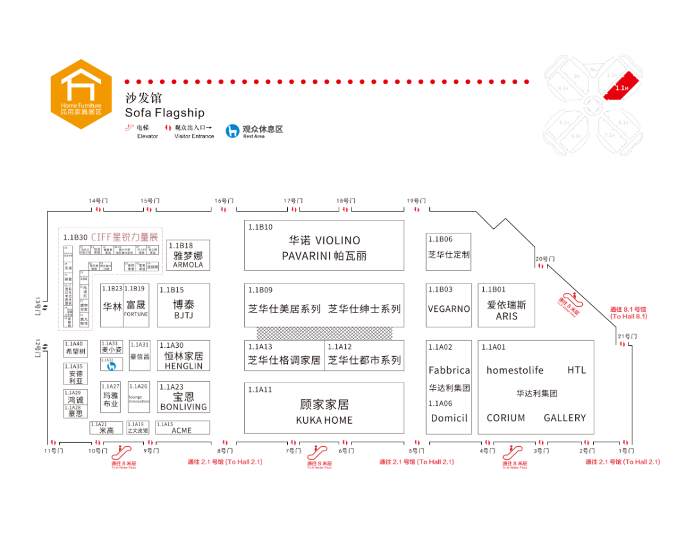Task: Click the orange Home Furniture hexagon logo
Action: [81, 94]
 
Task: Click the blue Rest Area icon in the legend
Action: [233, 131]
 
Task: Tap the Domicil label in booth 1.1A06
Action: [449, 418]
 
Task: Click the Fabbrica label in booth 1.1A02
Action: [449, 370]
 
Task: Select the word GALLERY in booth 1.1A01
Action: [565, 418]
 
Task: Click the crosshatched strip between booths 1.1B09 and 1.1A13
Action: [324, 333]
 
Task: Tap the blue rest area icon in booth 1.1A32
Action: [111, 366]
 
